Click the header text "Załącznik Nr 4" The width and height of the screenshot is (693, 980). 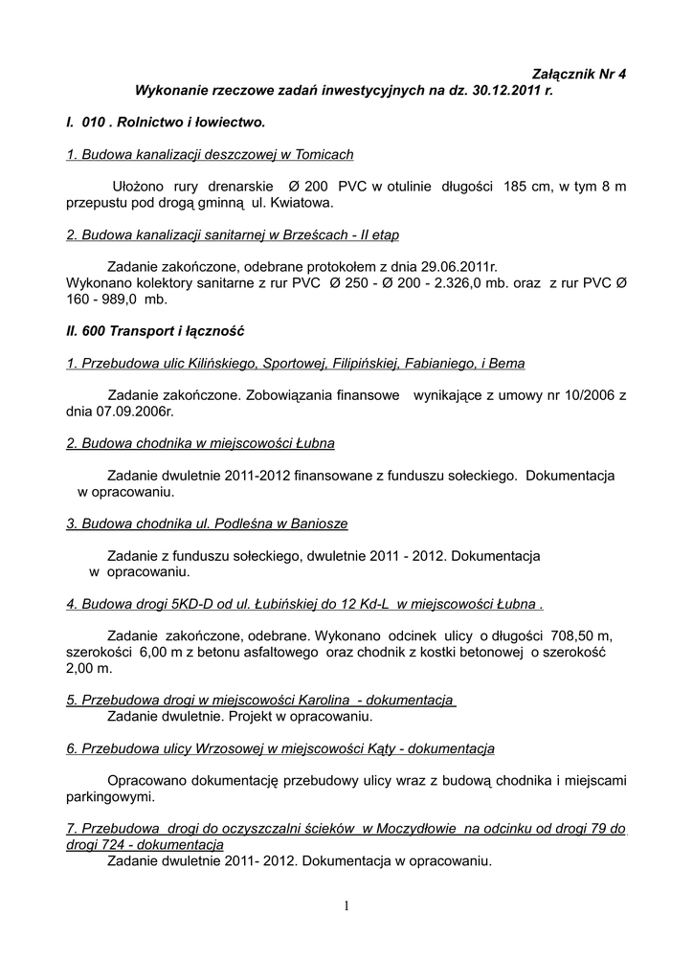pos(578,74)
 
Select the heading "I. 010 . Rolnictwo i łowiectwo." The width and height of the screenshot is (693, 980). pos(165,123)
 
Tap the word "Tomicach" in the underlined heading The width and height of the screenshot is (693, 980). pos(324,154)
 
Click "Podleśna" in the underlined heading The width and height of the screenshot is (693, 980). pos(236,523)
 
